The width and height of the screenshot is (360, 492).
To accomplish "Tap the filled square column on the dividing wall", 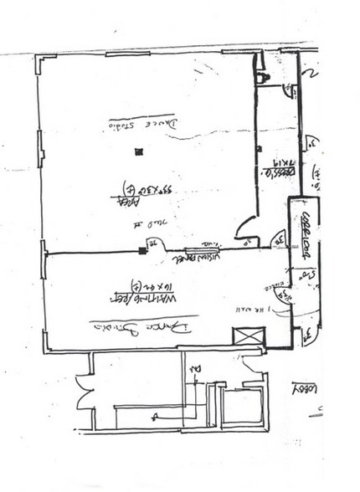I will pyautogui.click(x=142, y=250).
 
